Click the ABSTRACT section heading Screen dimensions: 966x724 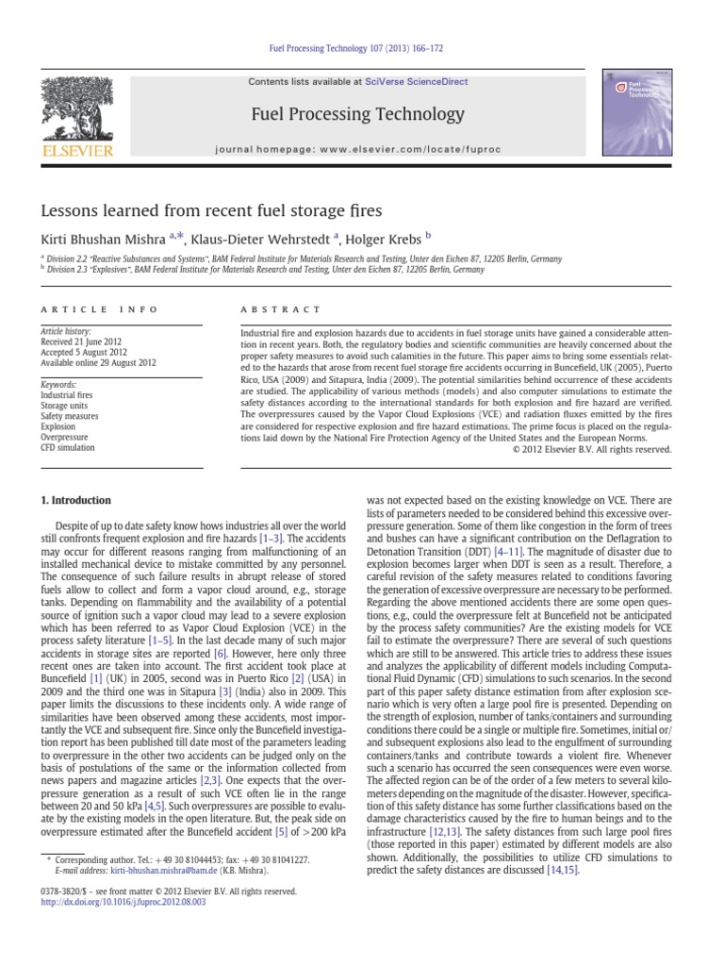click(282, 309)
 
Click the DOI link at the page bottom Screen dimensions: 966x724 click(123, 902)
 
